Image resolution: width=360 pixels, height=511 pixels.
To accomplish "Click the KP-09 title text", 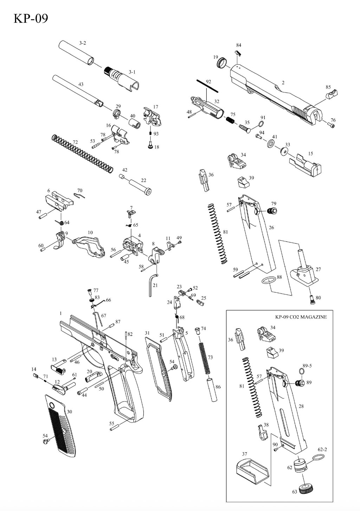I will point(31,18).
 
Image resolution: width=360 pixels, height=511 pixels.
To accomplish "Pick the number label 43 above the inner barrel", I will point(81,84).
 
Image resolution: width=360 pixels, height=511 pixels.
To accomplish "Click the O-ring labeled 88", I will point(269,280).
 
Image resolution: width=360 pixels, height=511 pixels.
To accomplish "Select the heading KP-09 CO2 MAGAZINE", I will point(301,317).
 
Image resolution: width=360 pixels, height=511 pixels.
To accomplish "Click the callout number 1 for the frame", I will point(60,313).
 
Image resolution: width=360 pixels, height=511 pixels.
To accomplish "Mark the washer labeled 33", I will point(283,151).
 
